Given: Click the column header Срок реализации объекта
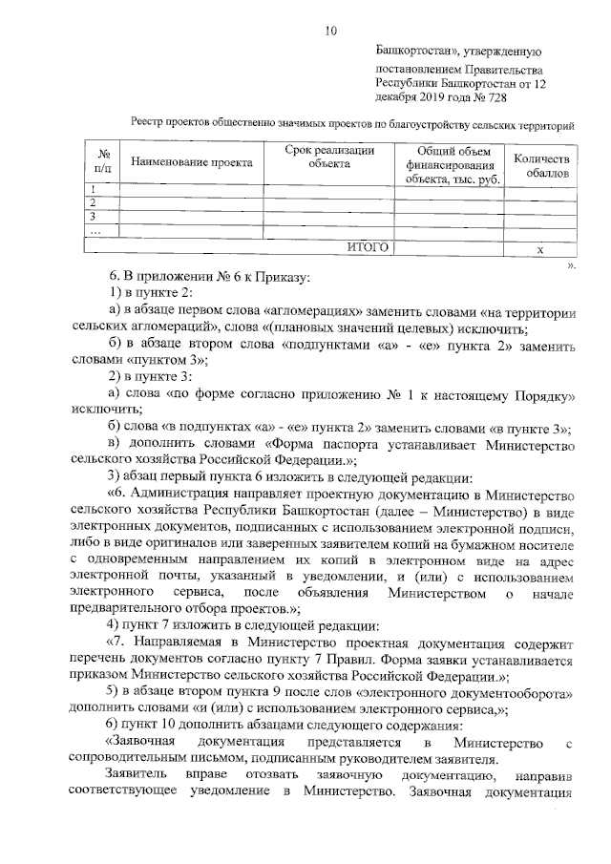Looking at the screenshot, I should (x=328, y=157).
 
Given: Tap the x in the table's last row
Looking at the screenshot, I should (x=539, y=248).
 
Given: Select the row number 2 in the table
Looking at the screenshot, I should (x=92, y=203).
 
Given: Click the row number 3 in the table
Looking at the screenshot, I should (x=92, y=217).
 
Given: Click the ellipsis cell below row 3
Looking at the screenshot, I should (x=94, y=231).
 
